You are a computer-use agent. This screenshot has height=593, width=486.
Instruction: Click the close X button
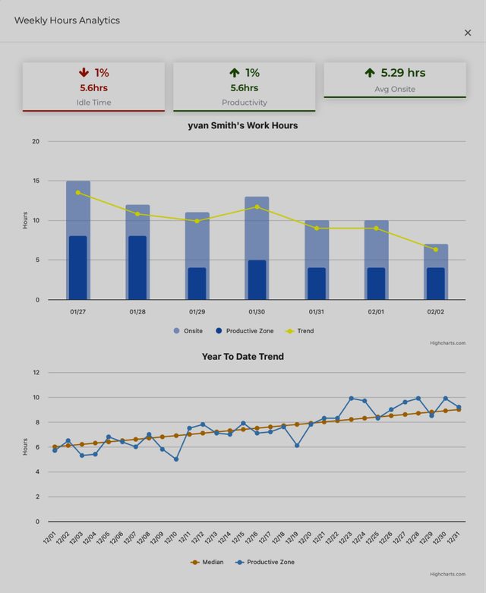point(468,33)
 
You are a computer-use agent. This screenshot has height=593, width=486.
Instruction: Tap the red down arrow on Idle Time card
point(84,72)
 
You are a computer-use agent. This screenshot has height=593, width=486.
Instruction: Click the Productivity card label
point(245,103)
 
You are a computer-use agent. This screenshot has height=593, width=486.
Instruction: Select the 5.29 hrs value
point(403,73)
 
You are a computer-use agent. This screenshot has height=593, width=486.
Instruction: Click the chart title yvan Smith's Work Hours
point(243,125)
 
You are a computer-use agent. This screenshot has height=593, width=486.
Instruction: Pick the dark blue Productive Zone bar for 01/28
point(137,268)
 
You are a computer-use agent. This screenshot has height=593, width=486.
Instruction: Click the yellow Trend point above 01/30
point(257,207)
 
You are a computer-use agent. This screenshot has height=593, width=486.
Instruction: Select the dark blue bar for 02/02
point(436,284)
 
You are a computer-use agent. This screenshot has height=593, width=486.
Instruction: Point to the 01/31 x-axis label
point(316,312)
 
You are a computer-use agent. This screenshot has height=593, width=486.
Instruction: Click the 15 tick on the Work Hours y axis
point(36,181)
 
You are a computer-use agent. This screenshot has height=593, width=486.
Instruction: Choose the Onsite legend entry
point(188,331)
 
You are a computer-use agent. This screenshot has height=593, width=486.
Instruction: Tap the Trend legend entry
point(300,331)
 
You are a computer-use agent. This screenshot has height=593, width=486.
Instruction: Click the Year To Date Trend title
point(243,357)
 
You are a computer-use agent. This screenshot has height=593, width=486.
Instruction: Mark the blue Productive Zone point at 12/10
point(176,459)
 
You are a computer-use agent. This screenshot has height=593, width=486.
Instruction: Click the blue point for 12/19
point(297,446)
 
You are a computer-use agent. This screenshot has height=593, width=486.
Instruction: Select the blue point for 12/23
point(352,398)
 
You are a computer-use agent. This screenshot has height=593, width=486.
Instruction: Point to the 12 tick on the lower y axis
point(36,373)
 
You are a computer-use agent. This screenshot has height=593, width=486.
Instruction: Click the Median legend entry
point(207,563)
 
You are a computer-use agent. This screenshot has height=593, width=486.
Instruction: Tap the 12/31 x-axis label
point(453,538)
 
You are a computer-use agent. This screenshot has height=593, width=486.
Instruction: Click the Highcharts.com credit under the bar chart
point(447,343)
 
